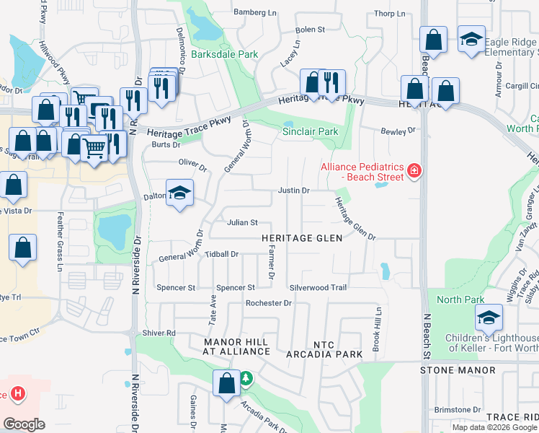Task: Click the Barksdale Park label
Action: [x=224, y=54]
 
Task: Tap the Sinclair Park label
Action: [x=309, y=132]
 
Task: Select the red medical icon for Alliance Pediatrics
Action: [x=414, y=171]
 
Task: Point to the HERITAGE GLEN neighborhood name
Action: [x=297, y=238]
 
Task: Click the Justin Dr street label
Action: [x=294, y=191]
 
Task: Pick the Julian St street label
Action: [x=242, y=223]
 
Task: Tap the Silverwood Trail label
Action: [x=318, y=287]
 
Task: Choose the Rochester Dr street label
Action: [x=268, y=303]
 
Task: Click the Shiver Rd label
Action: [x=159, y=333]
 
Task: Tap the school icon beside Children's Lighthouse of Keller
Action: [x=488, y=317]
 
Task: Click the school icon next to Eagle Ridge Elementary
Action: [x=472, y=39]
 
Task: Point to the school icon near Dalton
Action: [x=179, y=193]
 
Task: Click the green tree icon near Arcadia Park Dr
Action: [x=246, y=378]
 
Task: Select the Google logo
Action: [x=24, y=424]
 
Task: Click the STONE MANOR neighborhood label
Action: [x=458, y=370]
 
